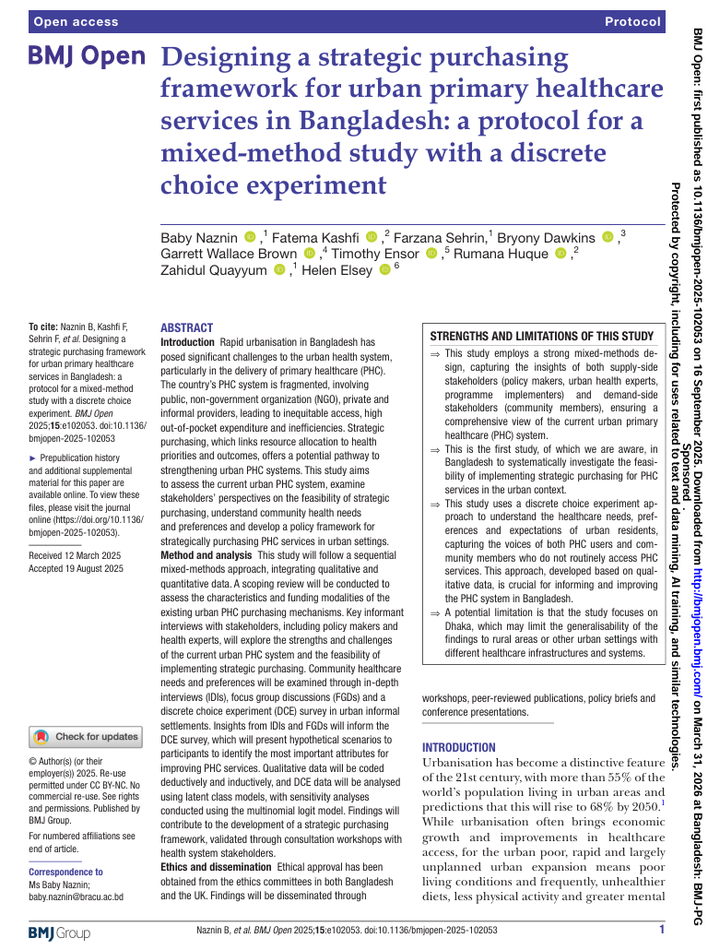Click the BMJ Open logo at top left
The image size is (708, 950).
88,57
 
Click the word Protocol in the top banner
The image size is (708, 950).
632,21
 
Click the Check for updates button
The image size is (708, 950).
86,737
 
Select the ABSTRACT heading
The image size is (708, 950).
186,327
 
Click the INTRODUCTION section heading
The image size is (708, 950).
458,747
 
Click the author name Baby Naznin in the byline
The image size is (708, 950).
199,239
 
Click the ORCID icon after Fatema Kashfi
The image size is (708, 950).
372,239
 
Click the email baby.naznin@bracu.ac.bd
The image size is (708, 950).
76,897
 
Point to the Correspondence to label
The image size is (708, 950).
65,872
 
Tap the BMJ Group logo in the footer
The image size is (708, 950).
59,932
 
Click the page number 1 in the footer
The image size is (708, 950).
661,931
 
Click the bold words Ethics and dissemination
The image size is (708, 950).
216,868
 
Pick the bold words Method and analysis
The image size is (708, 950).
206,555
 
